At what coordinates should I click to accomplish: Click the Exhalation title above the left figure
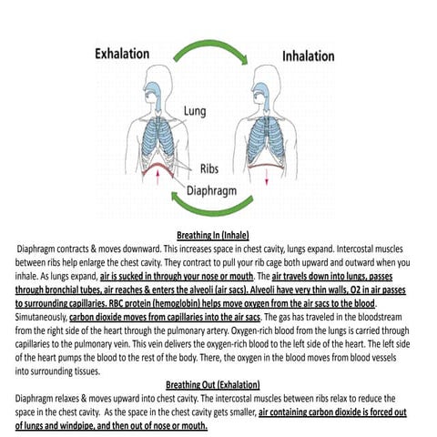tap(123, 54)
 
